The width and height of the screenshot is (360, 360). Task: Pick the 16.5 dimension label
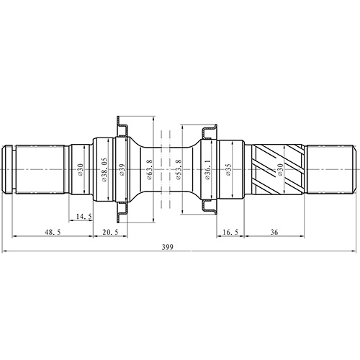[x=230, y=233]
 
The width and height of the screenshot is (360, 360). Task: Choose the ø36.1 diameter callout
[x=207, y=170]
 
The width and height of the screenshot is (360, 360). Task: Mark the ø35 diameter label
[x=228, y=170]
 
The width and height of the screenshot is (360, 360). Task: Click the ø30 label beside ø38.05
[x=81, y=170]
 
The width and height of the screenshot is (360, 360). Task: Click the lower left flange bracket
[x=121, y=212]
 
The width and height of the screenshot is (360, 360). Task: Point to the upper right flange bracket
[x=209, y=132]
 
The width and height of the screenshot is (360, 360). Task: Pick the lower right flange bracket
[x=209, y=208]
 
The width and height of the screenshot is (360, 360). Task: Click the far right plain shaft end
[x=330, y=170]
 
